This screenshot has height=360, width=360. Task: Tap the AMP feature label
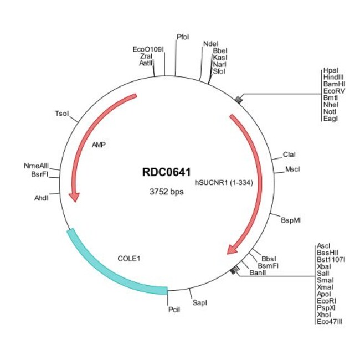[99, 146]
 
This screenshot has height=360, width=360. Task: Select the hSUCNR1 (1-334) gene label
[223, 181]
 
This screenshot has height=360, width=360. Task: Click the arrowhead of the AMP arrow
[74, 196]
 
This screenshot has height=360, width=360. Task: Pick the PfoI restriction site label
[183, 37]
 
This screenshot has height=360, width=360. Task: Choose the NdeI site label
[210, 44]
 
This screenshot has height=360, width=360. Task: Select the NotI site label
[329, 111]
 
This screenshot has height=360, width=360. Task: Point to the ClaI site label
[290, 154]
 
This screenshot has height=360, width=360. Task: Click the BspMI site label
[291, 220]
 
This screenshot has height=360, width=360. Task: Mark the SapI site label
[199, 303]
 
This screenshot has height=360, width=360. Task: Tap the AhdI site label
[42, 198]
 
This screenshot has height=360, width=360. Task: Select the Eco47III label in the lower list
[330, 321]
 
